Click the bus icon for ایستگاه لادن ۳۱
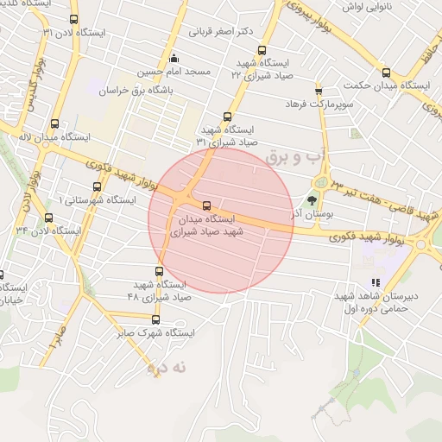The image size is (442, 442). (x=73, y=19)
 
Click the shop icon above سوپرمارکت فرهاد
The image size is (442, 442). (x=319, y=90)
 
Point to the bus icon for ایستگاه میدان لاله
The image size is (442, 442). (x=55, y=123)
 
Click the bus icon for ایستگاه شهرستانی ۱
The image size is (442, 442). (x=96, y=186)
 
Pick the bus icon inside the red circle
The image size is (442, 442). (x=205, y=206)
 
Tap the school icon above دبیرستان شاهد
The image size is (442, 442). (x=376, y=282)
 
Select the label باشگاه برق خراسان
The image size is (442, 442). (x=137, y=90)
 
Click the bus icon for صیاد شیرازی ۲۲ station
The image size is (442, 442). (x=262, y=50)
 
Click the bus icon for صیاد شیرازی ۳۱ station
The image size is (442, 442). (x=228, y=117)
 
